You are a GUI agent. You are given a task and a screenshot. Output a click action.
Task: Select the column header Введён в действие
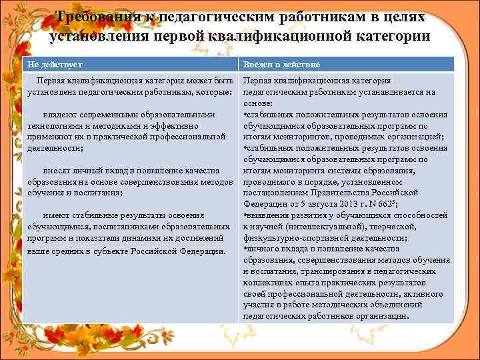281,64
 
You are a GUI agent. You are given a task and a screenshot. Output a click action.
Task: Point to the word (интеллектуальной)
315,227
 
